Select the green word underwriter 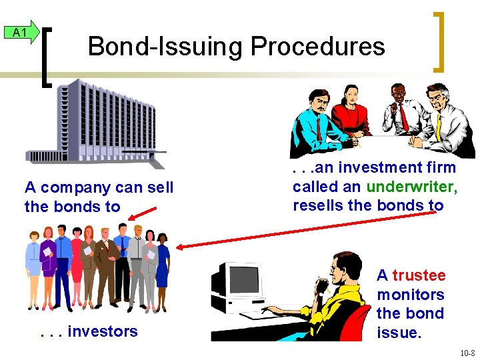click(412, 187)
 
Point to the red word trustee click(419, 275)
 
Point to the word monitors click(410, 294)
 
